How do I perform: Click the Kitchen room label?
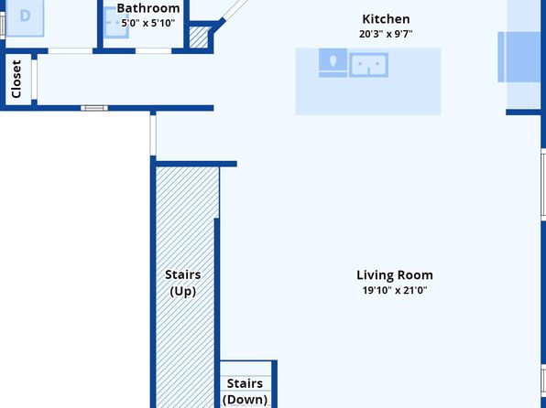coord(386,19)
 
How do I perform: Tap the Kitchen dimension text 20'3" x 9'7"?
coord(386,34)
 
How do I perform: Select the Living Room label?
coord(395,275)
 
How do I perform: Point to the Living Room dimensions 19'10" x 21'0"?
coord(395,290)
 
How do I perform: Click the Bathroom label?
coord(148,8)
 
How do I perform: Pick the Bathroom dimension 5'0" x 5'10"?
coord(148,23)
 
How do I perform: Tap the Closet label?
coord(16,79)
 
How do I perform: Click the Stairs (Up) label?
coord(183,283)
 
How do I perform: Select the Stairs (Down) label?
coord(246,392)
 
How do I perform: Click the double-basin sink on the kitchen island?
coord(369,65)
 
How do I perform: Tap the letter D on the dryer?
coord(25,16)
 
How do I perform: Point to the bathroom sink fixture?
coord(116,23)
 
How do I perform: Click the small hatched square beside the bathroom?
coord(199,38)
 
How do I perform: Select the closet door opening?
coord(34,80)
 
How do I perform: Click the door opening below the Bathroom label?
coord(153,51)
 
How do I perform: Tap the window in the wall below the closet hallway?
coord(94,108)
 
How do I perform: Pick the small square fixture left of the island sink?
coord(333,62)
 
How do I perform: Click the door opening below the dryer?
coord(71,51)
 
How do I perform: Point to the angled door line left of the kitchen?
coord(235,9)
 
